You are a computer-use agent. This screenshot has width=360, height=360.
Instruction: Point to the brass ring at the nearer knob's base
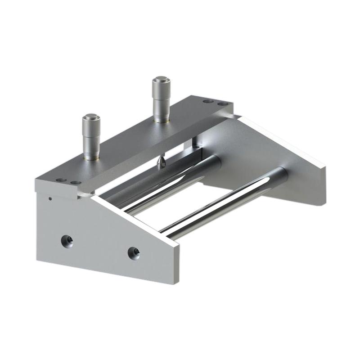click(x=92, y=157)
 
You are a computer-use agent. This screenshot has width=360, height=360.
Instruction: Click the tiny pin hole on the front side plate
click(x=50, y=197)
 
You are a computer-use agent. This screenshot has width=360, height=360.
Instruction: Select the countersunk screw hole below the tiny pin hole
click(x=67, y=242)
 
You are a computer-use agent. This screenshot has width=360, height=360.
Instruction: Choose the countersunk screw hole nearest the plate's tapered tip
click(x=134, y=253)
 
